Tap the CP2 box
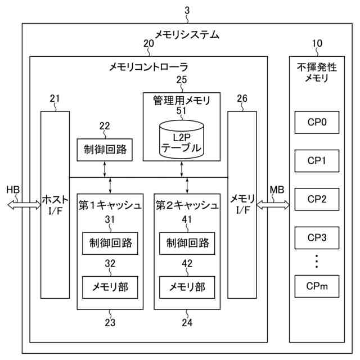point(317,199)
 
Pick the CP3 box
point(317,237)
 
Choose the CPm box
point(317,287)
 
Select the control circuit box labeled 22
point(105,150)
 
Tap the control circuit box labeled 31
point(109,243)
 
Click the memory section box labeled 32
point(109,287)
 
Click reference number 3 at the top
point(187,10)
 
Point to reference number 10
point(317,43)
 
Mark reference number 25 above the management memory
point(181,80)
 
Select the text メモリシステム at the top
point(187,34)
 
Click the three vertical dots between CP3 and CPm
point(317,262)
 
